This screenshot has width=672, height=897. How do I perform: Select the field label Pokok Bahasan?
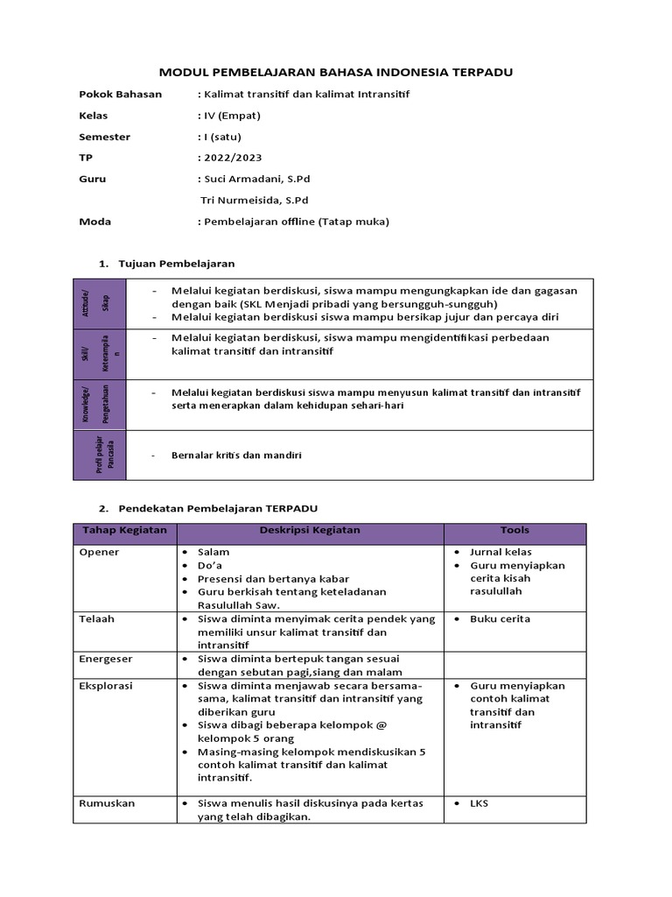(x=120, y=94)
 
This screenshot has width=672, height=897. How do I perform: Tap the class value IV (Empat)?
(x=232, y=115)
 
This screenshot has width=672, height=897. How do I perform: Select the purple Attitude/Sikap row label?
(x=99, y=303)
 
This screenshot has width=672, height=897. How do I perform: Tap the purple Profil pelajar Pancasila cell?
(x=99, y=455)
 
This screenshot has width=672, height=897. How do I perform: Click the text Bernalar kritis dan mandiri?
(x=236, y=456)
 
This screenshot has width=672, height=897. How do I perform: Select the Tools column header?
(x=514, y=531)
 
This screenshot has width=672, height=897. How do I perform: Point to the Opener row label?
(x=99, y=553)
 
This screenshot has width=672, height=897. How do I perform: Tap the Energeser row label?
(x=106, y=658)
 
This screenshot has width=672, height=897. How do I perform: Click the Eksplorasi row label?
(x=105, y=686)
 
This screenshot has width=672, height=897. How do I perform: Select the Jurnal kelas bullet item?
(x=500, y=553)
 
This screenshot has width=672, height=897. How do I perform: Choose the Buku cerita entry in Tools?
(x=500, y=619)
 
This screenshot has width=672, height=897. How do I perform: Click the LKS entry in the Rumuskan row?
(x=479, y=803)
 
